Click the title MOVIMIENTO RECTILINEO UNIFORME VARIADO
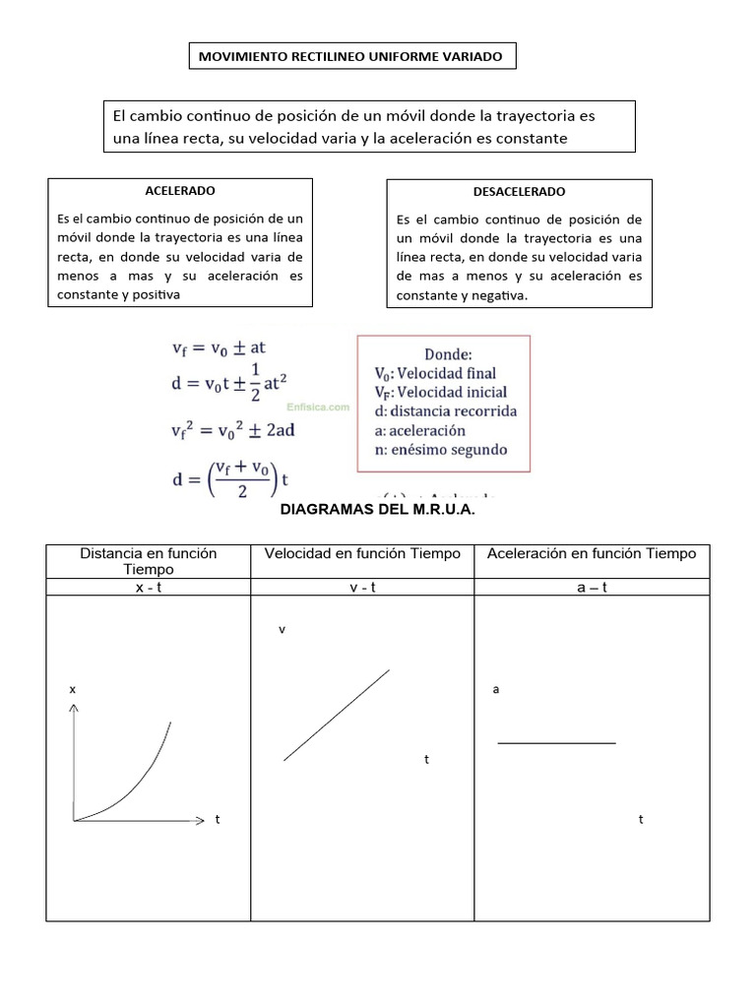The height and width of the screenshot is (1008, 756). tap(350, 57)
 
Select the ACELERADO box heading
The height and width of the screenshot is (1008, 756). tap(180, 190)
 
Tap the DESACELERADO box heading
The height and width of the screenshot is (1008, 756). tap(520, 192)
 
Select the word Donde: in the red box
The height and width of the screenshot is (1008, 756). tap(449, 353)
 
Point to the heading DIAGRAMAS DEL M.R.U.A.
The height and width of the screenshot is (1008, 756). tap(378, 510)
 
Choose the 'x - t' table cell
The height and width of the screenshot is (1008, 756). tap(148, 587)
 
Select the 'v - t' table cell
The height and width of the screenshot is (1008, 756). tap(362, 587)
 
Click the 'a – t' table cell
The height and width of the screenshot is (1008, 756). tap(591, 587)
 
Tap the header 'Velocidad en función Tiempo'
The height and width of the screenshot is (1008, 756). tap(362, 554)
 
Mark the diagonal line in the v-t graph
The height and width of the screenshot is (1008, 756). tap(337, 715)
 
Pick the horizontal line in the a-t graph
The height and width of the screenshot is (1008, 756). tap(556, 743)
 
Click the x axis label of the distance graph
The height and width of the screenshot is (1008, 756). tap(72, 690)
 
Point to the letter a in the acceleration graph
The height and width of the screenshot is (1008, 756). tap(496, 690)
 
